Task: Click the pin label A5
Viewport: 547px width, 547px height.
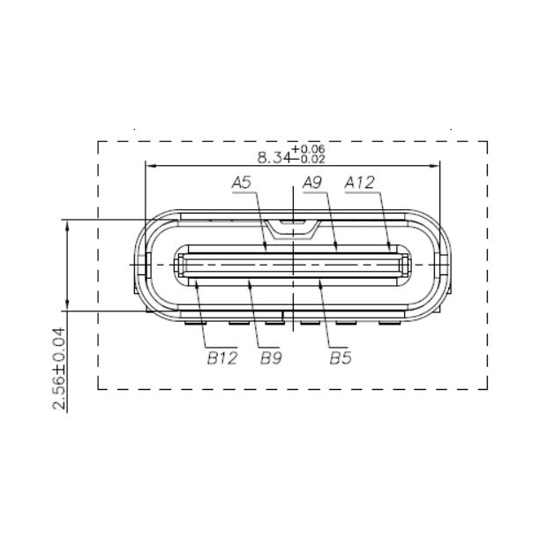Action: [242, 183]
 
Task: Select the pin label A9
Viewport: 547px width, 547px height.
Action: [312, 183]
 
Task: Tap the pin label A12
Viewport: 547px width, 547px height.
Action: [360, 183]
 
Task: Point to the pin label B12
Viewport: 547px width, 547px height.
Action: [223, 358]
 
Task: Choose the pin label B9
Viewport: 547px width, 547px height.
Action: [271, 358]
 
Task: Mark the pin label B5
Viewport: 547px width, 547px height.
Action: [341, 358]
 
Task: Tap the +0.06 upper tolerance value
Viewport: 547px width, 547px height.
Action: [313, 149]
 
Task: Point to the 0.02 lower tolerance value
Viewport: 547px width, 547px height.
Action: [313, 159]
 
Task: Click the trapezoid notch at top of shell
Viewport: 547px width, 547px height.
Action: [292, 229]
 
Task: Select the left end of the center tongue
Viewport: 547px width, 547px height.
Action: [180, 265]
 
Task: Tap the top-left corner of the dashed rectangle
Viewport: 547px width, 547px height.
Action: [97, 141]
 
